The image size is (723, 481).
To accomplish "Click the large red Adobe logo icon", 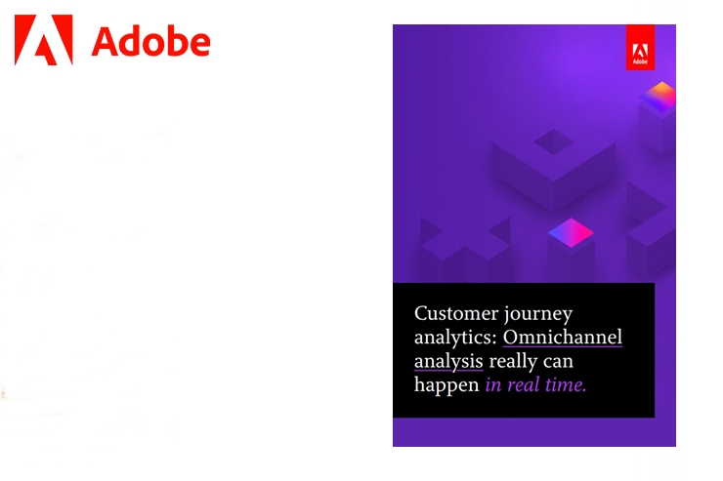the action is click(x=44, y=40).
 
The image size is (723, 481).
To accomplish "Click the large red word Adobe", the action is click(x=150, y=42).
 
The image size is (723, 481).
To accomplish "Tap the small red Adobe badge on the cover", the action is click(x=640, y=48).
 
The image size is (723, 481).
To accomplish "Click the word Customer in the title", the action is click(x=456, y=313).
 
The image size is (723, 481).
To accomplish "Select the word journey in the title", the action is click(x=538, y=315).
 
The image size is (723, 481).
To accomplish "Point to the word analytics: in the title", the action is click(x=455, y=339).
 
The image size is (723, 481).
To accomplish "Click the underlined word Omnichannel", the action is click(x=563, y=337).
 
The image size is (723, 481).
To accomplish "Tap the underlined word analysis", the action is click(x=448, y=362).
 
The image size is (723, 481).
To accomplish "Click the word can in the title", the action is click(x=558, y=362).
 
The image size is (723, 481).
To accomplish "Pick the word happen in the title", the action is click(x=447, y=385).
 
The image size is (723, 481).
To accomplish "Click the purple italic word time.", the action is click(x=566, y=384).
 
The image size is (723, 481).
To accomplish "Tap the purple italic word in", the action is click(x=493, y=384).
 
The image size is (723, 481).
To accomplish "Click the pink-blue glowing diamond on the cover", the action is click(x=571, y=232).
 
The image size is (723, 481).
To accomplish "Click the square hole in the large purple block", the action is click(x=554, y=141).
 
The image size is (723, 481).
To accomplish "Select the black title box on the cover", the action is click(x=524, y=350).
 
